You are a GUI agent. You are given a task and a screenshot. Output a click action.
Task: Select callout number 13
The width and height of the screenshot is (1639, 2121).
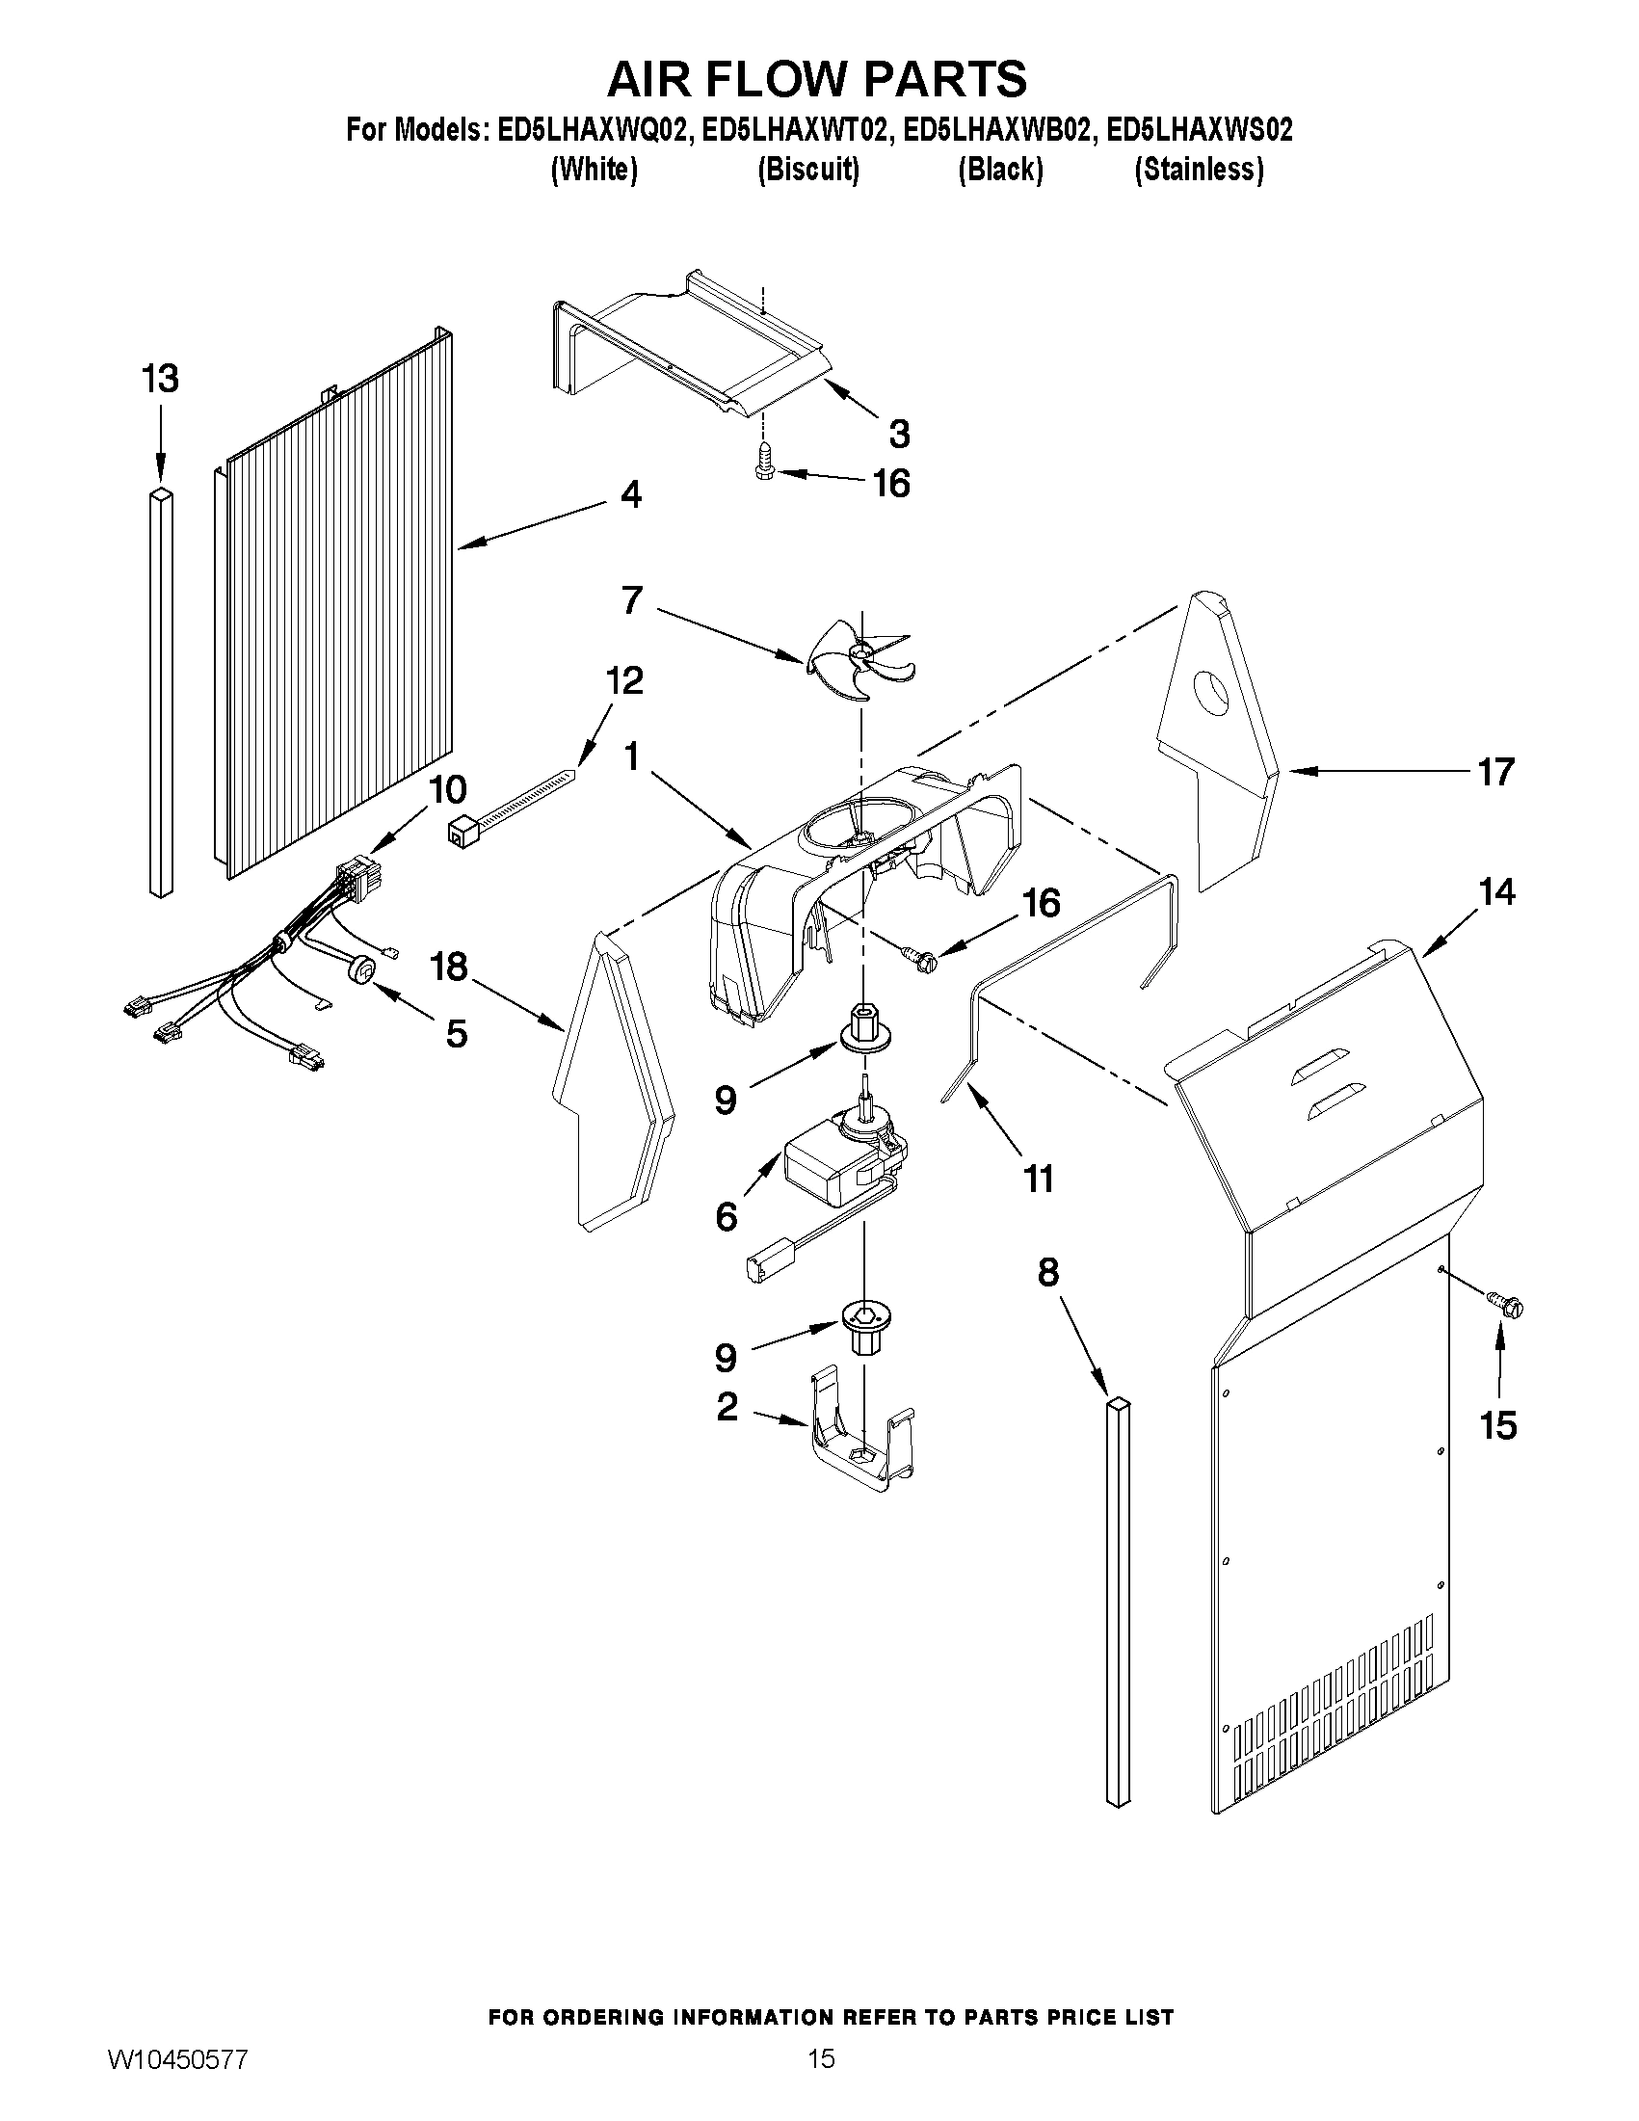point(160,378)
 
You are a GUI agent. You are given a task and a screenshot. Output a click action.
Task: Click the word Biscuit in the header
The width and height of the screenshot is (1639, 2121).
point(807,170)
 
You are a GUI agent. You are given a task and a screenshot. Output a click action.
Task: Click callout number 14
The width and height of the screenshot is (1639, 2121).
point(1496,890)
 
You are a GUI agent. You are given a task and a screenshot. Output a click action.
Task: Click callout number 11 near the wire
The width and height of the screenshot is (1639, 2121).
point(1038,1179)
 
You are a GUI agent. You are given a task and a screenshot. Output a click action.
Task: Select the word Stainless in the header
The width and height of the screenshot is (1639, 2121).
point(1200,170)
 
